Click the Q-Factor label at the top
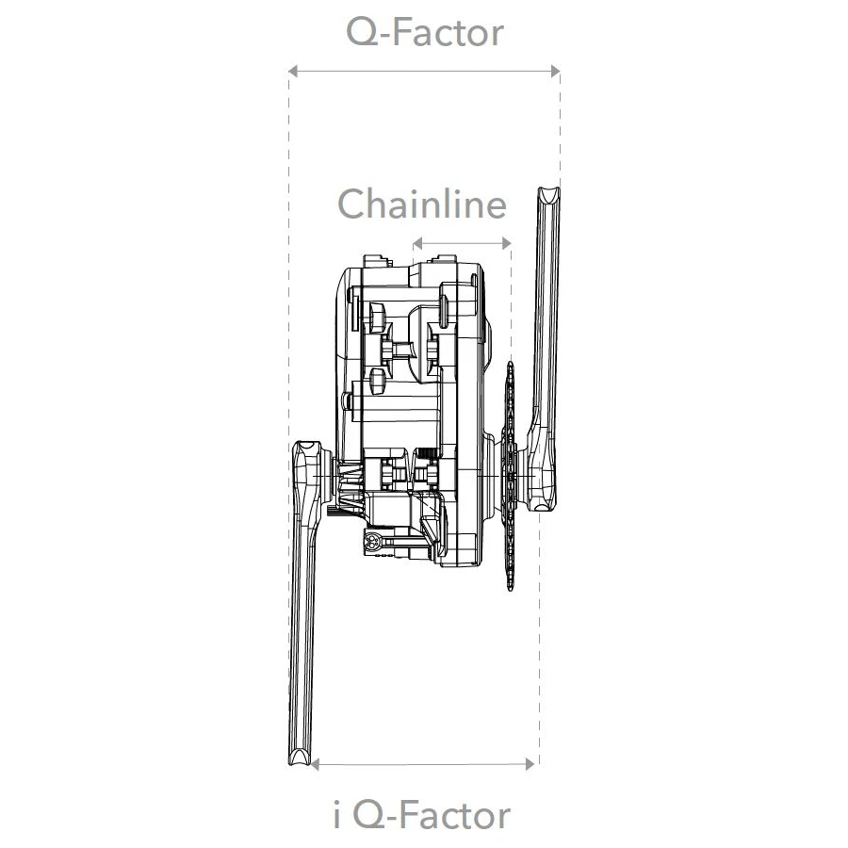coord(424,33)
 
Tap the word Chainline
coord(422,204)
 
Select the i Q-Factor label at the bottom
coord(422,815)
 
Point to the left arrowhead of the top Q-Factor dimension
coord(293,71)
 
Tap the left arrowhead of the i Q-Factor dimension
coord(317,763)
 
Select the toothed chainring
coord(510,481)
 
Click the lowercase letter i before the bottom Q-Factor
coord(338,815)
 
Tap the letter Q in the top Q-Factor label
coord(363,33)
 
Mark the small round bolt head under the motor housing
coord(375,542)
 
